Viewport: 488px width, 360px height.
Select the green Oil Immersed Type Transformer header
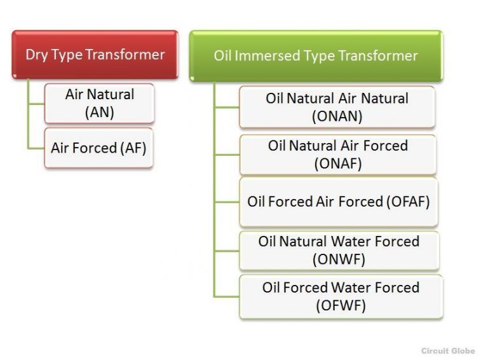(x=316, y=55)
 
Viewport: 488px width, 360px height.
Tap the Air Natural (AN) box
(x=100, y=103)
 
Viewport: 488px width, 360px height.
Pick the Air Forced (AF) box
(x=98, y=148)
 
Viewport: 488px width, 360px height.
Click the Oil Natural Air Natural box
(x=337, y=107)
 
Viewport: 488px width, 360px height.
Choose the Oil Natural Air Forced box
(x=337, y=154)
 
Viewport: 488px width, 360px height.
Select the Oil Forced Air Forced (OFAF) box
(x=339, y=202)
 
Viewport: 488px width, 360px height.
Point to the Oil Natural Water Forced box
(x=339, y=250)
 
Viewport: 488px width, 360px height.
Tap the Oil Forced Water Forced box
(x=341, y=296)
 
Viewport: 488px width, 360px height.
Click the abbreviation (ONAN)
(x=337, y=116)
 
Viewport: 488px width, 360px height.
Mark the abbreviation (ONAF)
(x=337, y=163)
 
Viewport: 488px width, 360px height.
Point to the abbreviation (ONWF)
(x=339, y=259)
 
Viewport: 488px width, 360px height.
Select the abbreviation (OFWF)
(x=341, y=306)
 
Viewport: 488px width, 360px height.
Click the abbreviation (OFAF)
(x=408, y=202)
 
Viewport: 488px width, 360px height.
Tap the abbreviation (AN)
(x=100, y=112)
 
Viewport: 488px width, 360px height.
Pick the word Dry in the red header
(x=37, y=54)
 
